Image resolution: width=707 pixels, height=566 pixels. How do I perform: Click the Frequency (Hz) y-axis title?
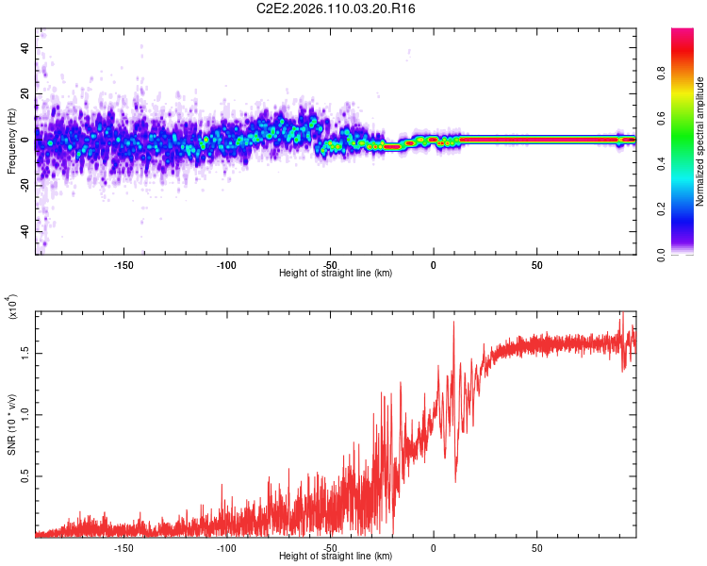pos(11,141)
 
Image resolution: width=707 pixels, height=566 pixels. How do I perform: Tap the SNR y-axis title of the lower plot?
pos(12,425)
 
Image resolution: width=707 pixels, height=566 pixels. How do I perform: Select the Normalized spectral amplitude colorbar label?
pos(700,141)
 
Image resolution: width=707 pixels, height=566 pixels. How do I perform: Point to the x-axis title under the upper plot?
pos(336,273)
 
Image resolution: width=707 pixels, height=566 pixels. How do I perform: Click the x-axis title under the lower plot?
pos(336,556)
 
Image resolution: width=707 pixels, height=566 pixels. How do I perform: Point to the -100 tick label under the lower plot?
pos(226,546)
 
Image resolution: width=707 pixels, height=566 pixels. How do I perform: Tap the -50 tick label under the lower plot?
pos(330,546)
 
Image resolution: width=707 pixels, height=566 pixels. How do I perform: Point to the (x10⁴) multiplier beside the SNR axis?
pos(12,308)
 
